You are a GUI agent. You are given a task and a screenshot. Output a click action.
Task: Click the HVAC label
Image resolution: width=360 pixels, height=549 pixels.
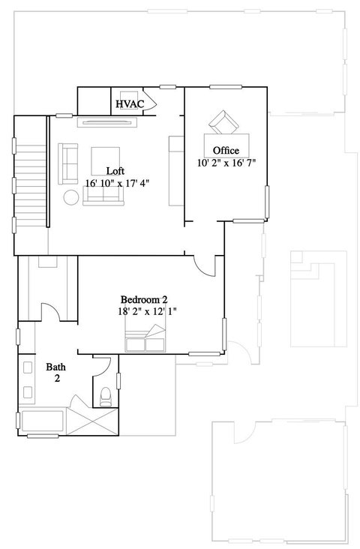(130, 104)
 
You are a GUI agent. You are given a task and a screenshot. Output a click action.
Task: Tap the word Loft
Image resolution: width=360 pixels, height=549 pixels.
(115, 171)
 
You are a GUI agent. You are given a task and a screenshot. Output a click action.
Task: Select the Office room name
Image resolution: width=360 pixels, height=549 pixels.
(226, 151)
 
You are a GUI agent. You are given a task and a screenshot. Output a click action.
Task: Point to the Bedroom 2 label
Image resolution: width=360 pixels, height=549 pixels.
(144, 300)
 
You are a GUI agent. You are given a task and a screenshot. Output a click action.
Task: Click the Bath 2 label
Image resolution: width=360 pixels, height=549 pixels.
(56, 373)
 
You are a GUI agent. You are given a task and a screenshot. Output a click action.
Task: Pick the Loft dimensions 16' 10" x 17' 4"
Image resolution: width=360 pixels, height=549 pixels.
(117, 183)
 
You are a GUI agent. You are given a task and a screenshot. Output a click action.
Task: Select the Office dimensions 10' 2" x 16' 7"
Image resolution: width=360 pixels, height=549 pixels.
(226, 163)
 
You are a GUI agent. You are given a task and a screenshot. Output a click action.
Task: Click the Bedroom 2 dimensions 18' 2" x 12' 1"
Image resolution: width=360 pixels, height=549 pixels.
(148, 311)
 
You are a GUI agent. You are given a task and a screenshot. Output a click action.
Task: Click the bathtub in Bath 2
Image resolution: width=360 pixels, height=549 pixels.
(43, 421)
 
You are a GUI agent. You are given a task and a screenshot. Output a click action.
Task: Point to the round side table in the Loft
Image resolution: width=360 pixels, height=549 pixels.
(71, 197)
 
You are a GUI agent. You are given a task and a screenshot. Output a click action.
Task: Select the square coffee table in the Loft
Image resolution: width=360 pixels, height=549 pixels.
(106, 161)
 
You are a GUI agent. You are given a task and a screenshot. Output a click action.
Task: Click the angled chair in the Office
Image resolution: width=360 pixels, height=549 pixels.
(223, 122)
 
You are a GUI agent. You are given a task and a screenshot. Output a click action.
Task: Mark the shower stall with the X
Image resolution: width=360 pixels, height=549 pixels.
(92, 421)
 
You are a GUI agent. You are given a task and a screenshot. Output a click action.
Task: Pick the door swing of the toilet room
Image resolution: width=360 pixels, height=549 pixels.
(102, 367)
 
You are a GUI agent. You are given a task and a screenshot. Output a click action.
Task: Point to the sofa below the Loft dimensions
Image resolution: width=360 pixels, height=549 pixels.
(103, 196)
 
